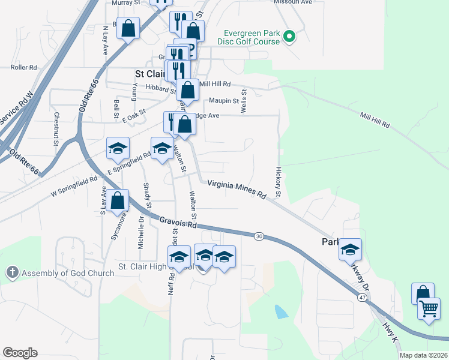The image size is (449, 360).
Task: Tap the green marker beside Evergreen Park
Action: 289,37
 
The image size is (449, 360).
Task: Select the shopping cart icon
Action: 429,310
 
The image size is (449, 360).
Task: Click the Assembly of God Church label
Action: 68,273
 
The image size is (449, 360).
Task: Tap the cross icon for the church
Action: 11,273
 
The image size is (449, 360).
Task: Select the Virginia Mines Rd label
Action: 237,190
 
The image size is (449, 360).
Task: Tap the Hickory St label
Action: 279,182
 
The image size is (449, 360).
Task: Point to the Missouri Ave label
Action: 294,2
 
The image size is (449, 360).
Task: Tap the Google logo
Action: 20,353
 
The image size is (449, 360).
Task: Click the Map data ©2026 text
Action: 424,355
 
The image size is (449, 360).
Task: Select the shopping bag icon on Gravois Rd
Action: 118,200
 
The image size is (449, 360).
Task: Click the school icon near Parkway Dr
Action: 351,250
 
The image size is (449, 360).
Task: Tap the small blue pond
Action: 280,311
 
